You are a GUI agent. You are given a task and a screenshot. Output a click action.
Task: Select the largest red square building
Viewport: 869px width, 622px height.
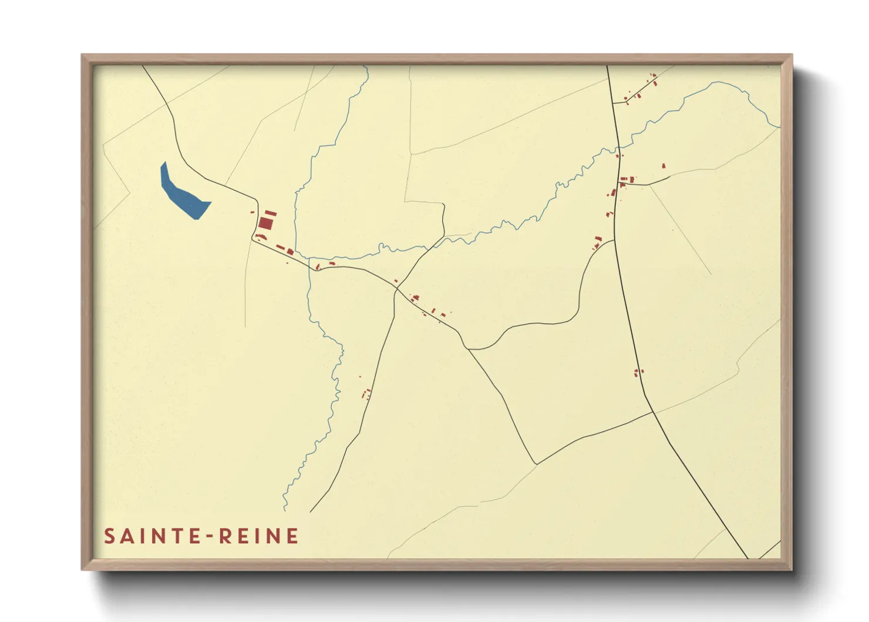(x=266, y=223)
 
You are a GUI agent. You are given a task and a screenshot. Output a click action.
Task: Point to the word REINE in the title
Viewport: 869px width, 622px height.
(x=259, y=536)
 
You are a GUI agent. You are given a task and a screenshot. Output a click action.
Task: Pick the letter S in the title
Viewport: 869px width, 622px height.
(x=109, y=536)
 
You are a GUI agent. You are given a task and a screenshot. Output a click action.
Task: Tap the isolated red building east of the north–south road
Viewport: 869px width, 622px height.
(x=663, y=166)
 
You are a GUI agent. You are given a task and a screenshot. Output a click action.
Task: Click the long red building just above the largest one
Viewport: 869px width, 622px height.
(x=270, y=212)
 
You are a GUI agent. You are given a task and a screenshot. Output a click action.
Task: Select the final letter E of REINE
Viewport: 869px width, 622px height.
(x=292, y=536)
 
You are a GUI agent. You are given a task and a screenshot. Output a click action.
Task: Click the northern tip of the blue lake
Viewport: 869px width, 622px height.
(x=164, y=163)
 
